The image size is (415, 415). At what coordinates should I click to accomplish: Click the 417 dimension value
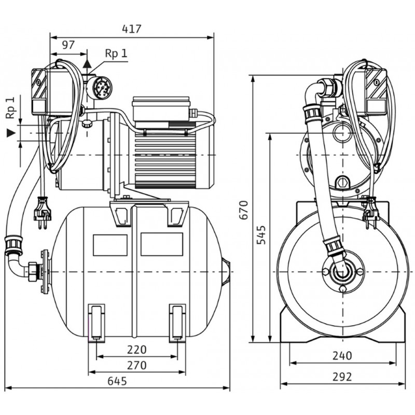coord(132,29)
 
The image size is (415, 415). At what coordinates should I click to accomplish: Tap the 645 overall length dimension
coord(118,380)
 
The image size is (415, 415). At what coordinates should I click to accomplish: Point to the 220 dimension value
coord(136,349)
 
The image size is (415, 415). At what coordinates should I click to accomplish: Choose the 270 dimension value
coord(136,365)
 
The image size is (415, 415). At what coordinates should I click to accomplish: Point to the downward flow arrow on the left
coord(10,133)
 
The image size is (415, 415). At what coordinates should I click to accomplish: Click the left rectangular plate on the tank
coord(110,244)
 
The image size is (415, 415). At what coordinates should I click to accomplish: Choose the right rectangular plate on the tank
coord(162,244)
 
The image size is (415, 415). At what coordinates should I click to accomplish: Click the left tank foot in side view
coord(96,322)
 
